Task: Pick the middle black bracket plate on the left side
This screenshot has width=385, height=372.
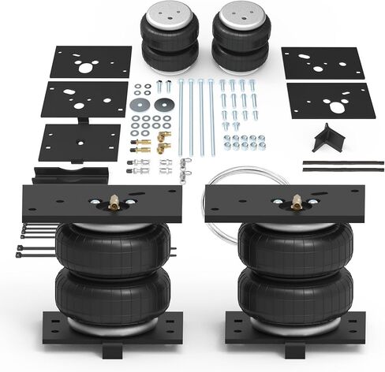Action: tap(85, 99)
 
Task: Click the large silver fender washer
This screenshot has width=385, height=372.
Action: tap(140, 104)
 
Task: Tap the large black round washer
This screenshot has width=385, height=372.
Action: tap(164, 104)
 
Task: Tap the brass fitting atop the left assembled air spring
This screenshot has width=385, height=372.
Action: tap(114, 203)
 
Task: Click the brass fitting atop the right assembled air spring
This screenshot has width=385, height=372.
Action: tap(297, 202)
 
